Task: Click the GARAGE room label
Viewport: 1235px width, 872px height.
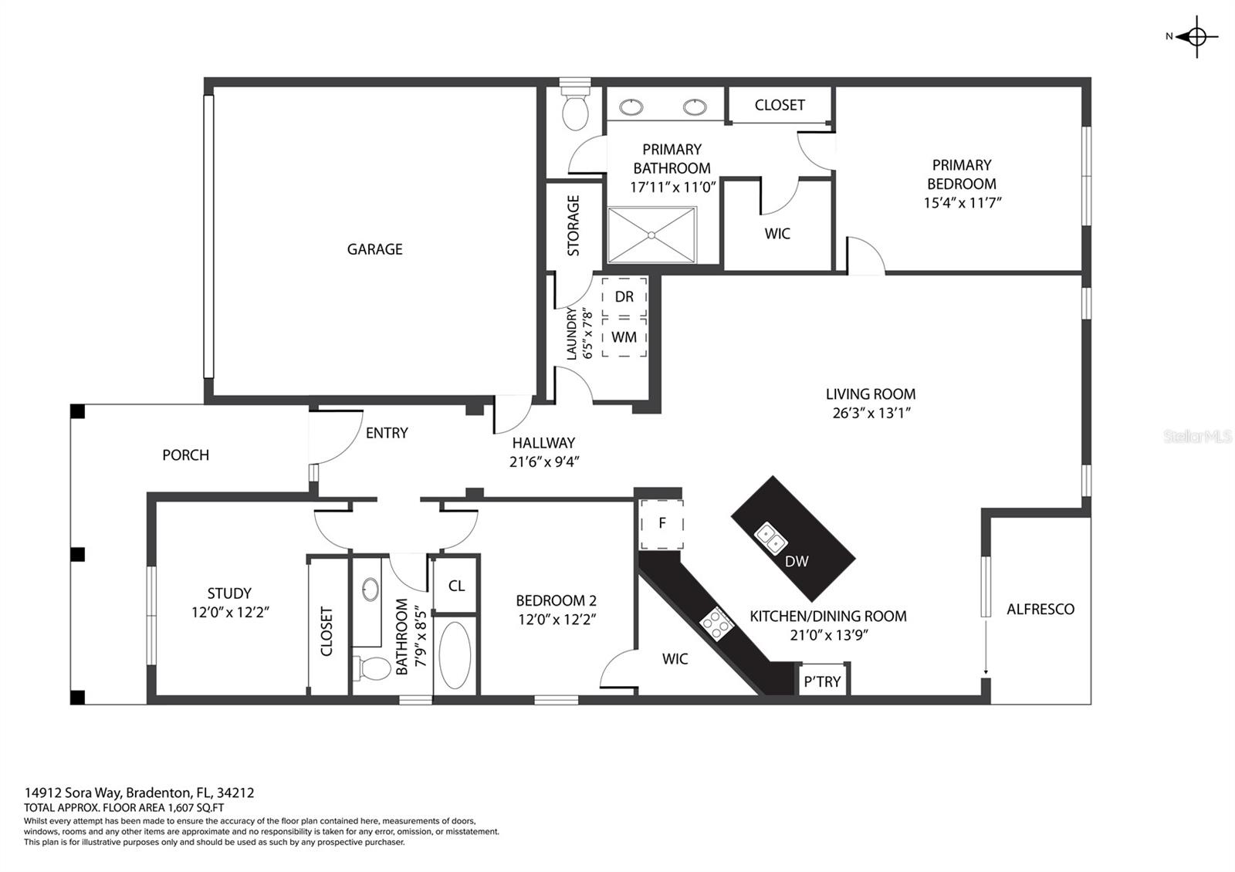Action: [374, 249]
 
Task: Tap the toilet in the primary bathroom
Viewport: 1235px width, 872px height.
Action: [574, 110]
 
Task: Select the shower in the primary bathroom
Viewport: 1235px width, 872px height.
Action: [651, 235]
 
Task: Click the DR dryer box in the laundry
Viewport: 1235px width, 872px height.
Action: [624, 297]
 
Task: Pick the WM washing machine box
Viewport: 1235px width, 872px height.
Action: [624, 337]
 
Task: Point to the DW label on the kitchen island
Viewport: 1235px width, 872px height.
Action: [797, 562]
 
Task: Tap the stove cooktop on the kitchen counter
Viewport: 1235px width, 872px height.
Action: [715, 623]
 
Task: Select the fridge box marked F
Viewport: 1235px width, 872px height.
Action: [661, 524]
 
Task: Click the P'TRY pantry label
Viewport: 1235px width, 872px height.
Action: [822, 681]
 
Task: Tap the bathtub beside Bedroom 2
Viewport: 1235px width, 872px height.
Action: [455, 656]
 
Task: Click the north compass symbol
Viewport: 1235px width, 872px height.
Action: [1196, 36]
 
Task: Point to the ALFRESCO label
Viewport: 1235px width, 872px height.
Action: [1040, 610]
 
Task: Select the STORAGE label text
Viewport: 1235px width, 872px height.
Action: [574, 225]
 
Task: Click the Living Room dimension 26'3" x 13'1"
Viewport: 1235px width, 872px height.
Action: [871, 413]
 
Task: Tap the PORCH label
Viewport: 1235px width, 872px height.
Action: [185, 455]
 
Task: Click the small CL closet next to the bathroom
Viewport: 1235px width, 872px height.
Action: [456, 586]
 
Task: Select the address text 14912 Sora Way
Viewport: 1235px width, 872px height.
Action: [74, 793]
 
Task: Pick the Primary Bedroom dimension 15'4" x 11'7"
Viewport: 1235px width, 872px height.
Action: [962, 203]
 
